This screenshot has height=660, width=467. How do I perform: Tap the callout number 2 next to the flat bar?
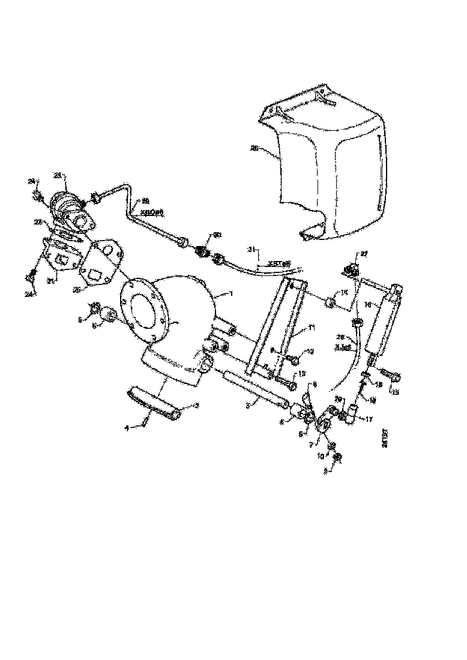195,407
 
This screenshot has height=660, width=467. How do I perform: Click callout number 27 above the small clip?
363,255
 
